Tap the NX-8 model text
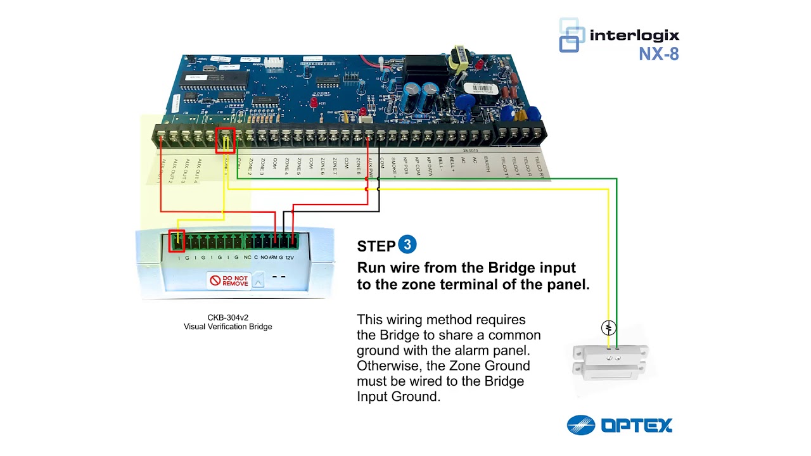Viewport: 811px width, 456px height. (x=658, y=54)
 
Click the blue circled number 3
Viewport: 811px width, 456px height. (x=407, y=245)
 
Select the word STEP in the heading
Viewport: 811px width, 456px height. (x=376, y=246)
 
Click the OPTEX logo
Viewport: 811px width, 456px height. (x=619, y=425)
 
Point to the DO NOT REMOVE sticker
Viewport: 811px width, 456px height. (x=229, y=280)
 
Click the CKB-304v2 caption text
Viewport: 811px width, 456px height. (x=227, y=318)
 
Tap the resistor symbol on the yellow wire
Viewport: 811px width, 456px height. (x=608, y=327)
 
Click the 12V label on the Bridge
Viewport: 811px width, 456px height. (x=290, y=258)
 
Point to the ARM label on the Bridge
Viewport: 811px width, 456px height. (x=272, y=258)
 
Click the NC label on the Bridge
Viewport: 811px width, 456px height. (x=247, y=258)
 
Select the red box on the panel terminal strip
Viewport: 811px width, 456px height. (x=225, y=141)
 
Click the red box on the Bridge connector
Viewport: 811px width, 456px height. (x=177, y=241)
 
